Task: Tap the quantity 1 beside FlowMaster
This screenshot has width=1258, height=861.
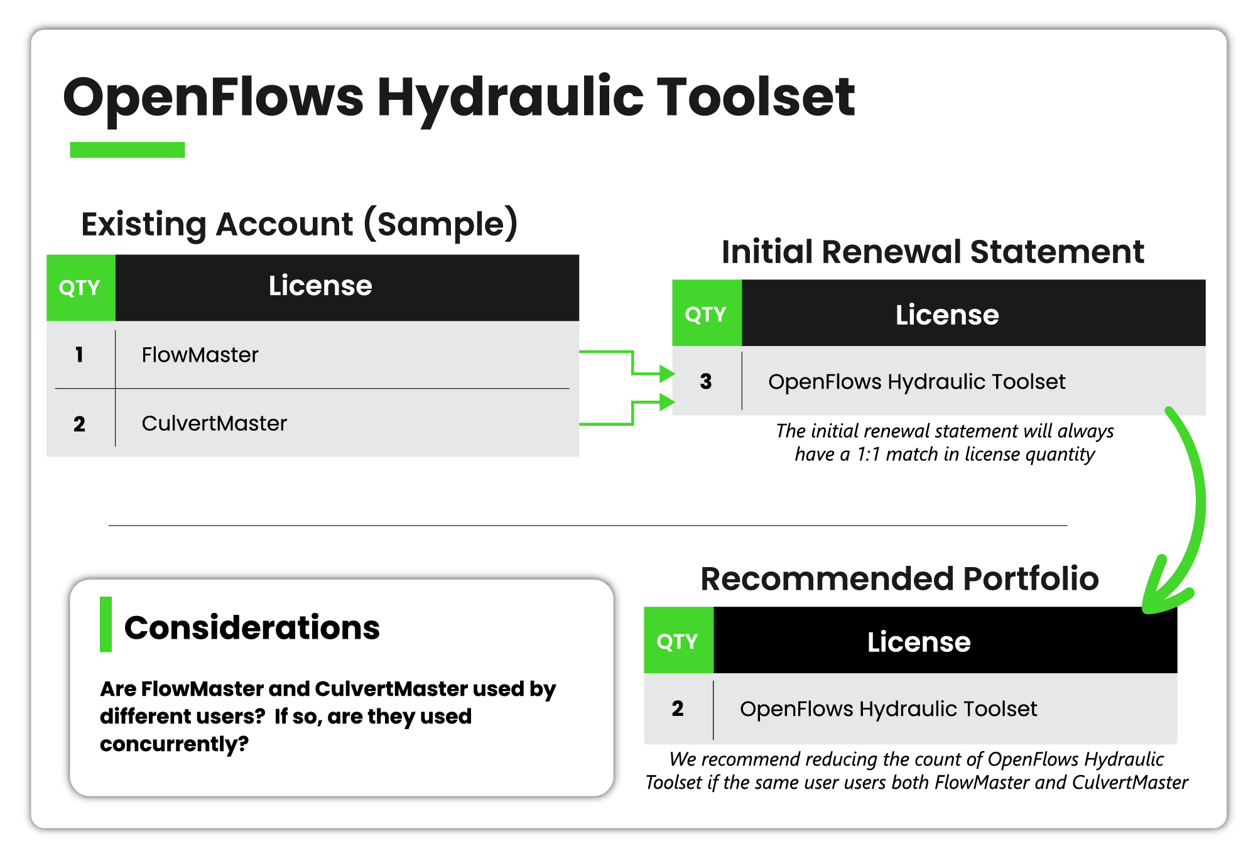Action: [x=79, y=355]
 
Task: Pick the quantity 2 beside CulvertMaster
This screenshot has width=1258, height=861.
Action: [x=79, y=424]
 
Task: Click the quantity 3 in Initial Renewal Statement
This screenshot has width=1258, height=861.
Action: [x=706, y=381]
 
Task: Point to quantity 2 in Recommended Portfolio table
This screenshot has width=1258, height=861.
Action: [x=678, y=708]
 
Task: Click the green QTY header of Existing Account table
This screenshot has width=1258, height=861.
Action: [x=81, y=288]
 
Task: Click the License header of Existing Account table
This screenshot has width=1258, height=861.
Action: [x=347, y=288]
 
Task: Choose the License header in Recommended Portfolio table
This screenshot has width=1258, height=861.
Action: [x=945, y=640]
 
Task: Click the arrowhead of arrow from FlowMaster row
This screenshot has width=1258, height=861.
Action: [x=667, y=374]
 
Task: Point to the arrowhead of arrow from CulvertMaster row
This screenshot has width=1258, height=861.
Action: [x=667, y=402]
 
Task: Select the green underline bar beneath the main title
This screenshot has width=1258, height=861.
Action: [x=127, y=149]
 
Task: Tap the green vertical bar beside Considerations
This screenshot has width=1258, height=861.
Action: [x=106, y=624]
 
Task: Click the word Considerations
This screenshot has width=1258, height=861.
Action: [x=252, y=627]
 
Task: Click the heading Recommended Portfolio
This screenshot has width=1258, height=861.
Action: [x=899, y=578]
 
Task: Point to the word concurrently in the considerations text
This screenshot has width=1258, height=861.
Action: [x=174, y=744]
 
